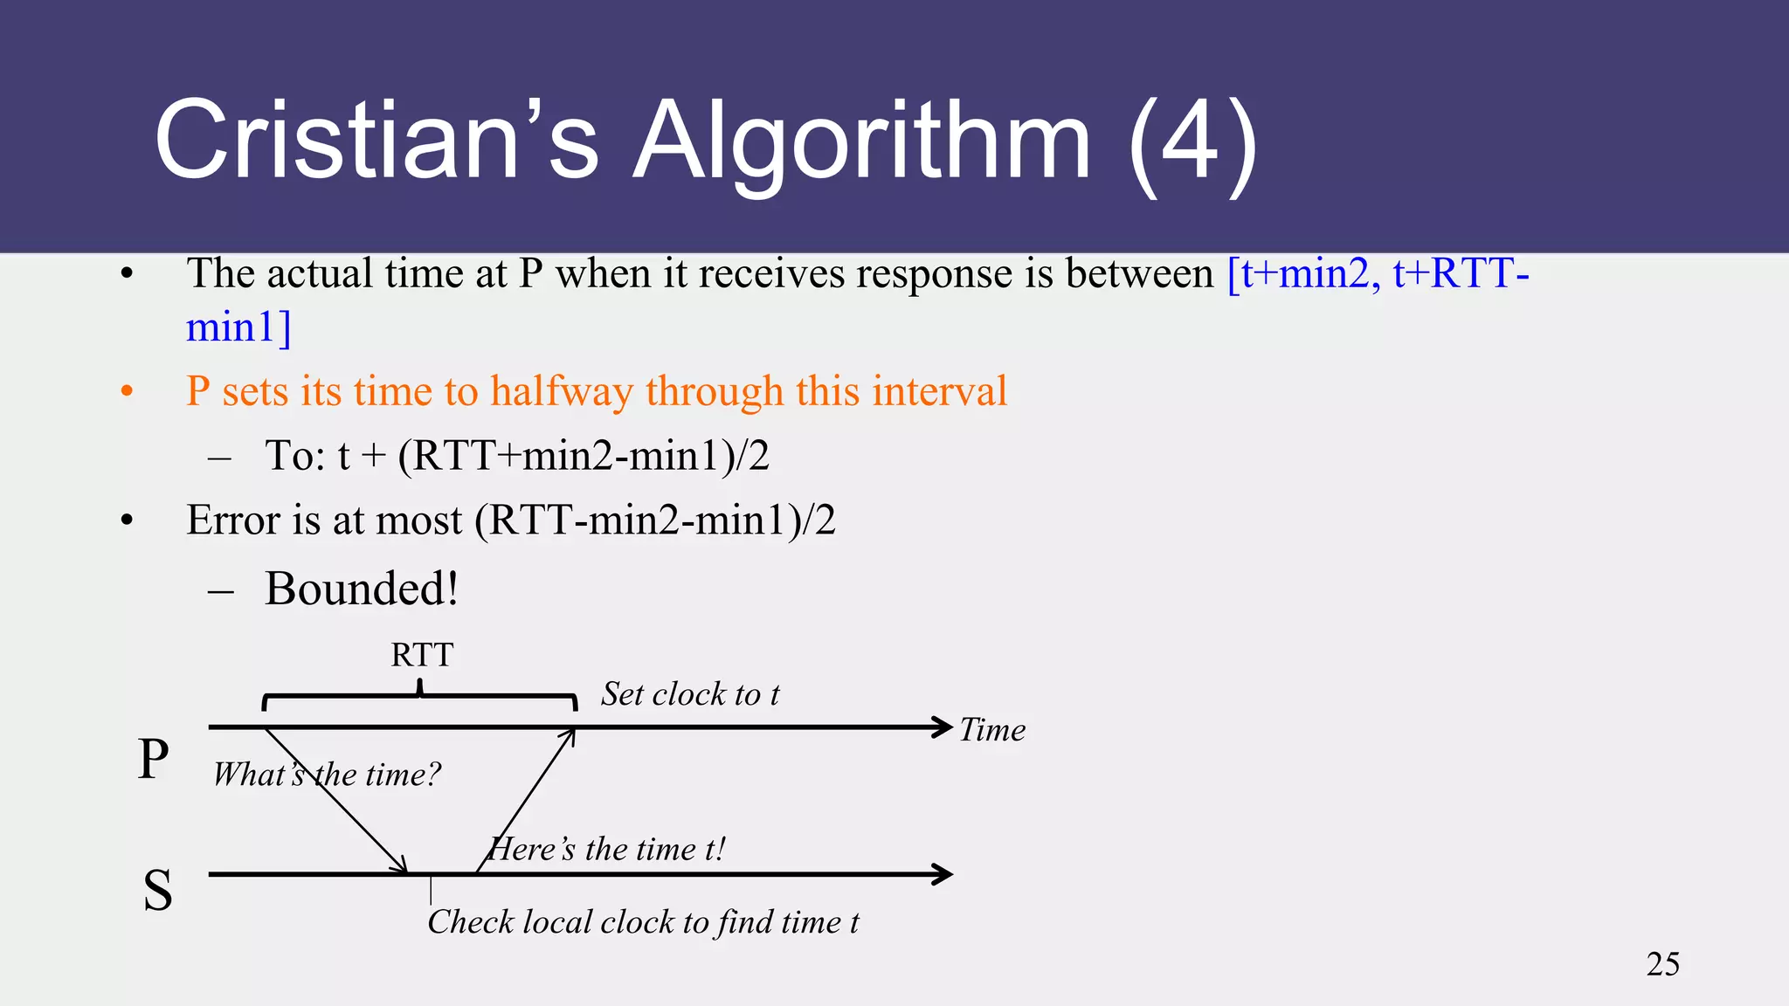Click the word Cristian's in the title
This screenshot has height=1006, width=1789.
tap(376, 140)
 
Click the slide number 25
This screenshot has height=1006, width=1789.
tap(1662, 964)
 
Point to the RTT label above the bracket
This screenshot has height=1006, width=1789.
tap(422, 655)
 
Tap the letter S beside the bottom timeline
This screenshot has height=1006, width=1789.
tap(157, 891)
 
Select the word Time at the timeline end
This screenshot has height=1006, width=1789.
tap(992, 730)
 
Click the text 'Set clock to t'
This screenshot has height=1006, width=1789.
tap(690, 694)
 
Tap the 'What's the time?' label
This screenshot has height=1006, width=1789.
tap(327, 775)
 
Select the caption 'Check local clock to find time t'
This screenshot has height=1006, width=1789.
tap(643, 922)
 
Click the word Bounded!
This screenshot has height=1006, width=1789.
tap(362, 589)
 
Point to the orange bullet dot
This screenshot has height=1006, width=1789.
tap(128, 391)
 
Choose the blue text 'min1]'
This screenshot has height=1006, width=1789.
tap(238, 327)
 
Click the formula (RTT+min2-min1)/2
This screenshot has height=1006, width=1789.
tap(584, 456)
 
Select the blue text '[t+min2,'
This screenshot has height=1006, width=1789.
tap(1304, 273)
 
